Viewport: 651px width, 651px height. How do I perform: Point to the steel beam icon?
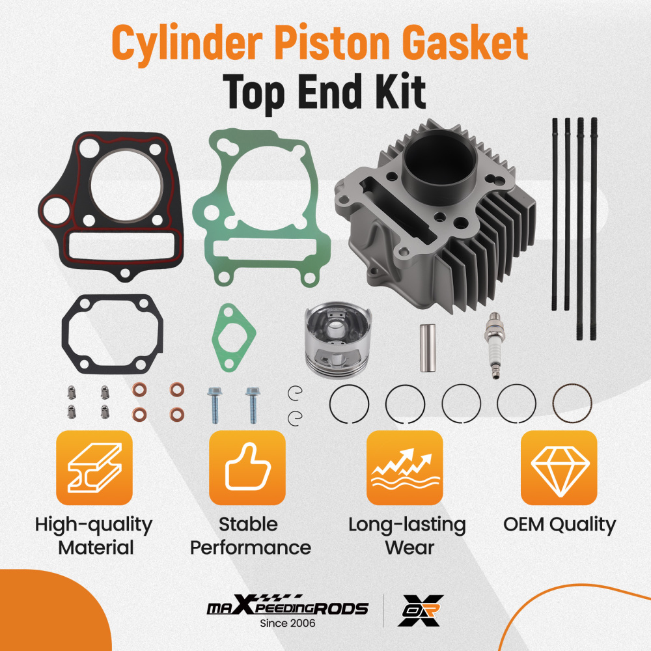(94, 468)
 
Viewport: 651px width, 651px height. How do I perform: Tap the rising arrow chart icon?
(404, 468)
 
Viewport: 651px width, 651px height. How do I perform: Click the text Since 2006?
(287, 623)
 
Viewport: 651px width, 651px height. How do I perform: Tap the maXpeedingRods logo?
(287, 607)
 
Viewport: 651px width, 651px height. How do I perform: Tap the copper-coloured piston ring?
(572, 404)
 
